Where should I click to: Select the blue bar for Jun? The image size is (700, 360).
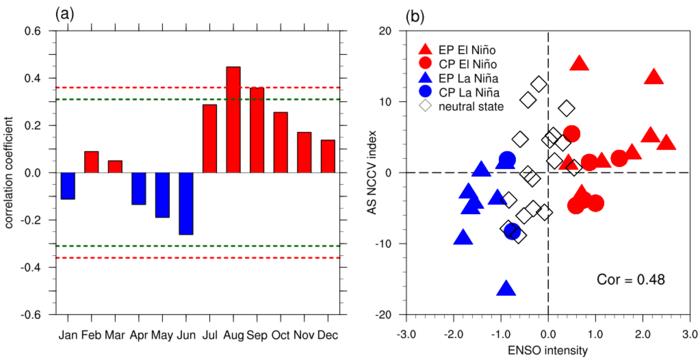click(184, 203)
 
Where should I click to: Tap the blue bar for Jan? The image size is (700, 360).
click(68, 185)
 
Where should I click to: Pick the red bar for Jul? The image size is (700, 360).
click(209, 138)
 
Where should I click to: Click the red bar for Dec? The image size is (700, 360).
click(327, 156)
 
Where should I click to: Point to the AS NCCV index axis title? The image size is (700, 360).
click(366, 172)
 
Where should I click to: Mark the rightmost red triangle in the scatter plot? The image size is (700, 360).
click(666, 144)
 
